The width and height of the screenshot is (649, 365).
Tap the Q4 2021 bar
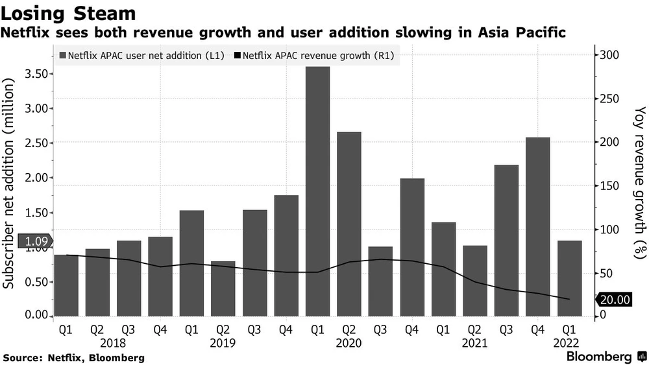pyautogui.click(x=538, y=227)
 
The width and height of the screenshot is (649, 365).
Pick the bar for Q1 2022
pyautogui.click(x=570, y=279)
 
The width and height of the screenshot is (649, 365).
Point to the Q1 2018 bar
pyautogui.click(x=66, y=285)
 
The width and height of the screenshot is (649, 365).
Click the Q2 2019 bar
pyautogui.click(x=223, y=288)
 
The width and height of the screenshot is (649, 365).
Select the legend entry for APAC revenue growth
pyautogui.click(x=318, y=56)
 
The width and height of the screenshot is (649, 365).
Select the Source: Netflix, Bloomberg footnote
pyautogui.click(x=73, y=358)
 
